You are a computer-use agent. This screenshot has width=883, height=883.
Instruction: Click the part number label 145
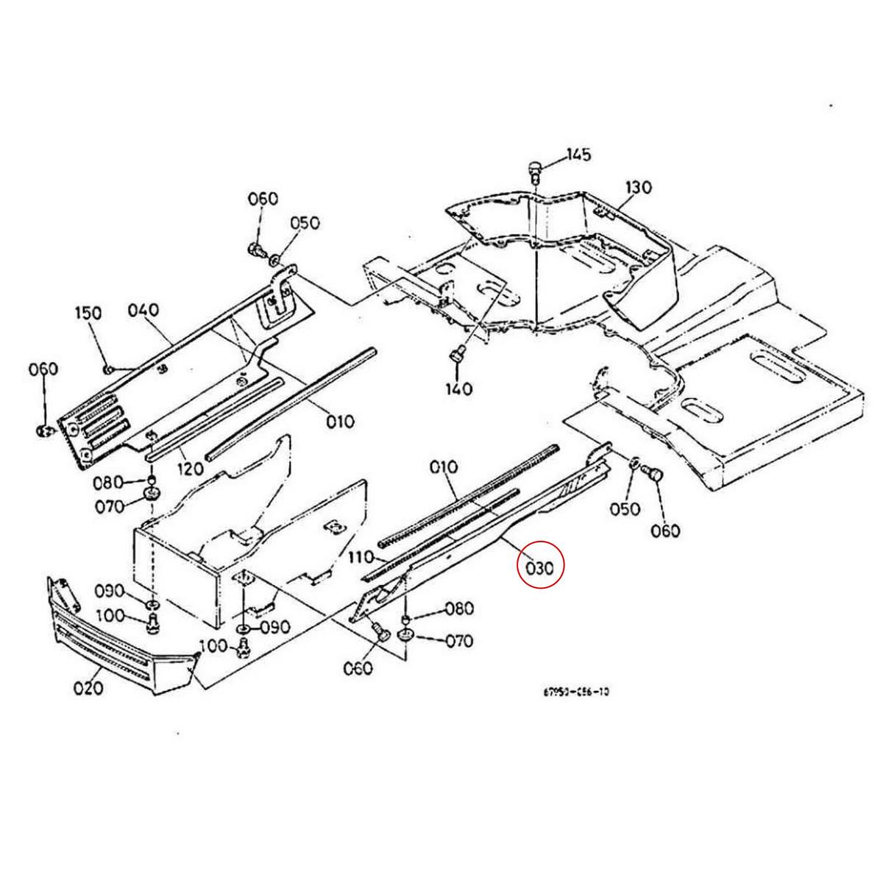pos(578,155)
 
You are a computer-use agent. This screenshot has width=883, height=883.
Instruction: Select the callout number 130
pos(638,188)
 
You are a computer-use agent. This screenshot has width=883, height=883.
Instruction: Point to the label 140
pos(459,388)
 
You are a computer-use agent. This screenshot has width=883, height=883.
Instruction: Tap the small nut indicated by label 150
pos(107,367)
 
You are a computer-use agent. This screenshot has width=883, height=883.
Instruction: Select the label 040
pos(143,311)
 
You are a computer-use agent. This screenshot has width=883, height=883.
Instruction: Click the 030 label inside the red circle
pos(539,568)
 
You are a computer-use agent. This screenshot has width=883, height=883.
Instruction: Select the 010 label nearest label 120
pos(340,422)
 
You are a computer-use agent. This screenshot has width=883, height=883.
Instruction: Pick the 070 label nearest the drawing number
pos(459,641)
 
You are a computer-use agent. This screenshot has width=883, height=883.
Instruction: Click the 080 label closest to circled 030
pos(459,609)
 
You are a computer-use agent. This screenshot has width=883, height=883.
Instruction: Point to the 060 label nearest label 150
pos(42,369)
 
